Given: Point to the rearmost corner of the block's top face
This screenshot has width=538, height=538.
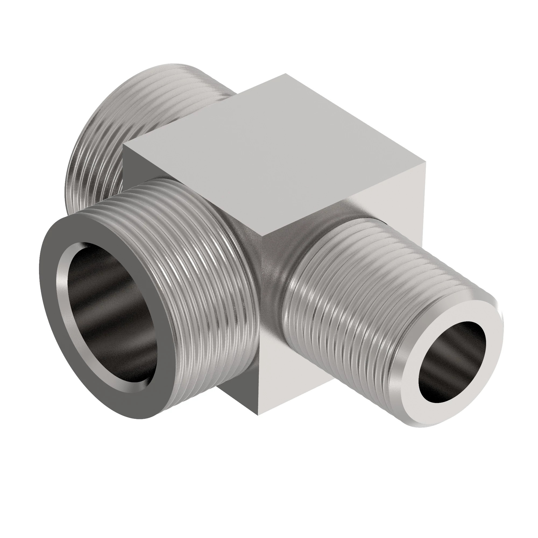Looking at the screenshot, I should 285,74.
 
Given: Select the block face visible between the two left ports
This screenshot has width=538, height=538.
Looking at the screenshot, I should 131,173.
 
